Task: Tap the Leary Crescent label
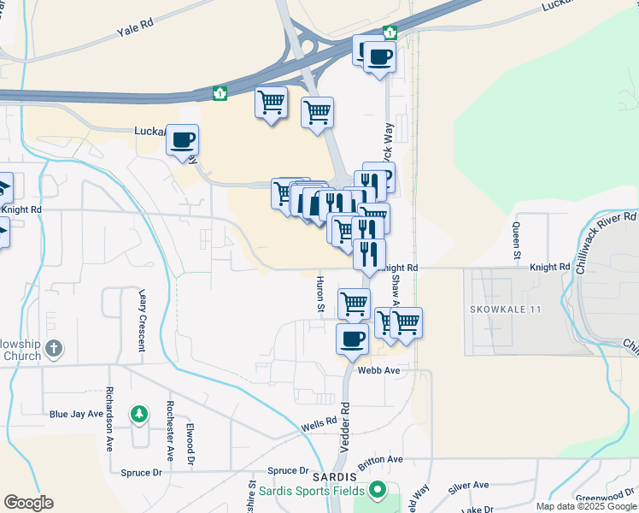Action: coord(142,320)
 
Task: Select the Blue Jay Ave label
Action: coord(76,414)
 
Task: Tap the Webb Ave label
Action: coord(379,370)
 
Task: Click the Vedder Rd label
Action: coord(347,419)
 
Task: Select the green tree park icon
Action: coord(138,415)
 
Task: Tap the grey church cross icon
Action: coord(53,347)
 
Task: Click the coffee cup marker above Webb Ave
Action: coord(352,339)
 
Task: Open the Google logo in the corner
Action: coord(28,503)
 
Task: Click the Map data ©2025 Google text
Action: coord(586,506)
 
